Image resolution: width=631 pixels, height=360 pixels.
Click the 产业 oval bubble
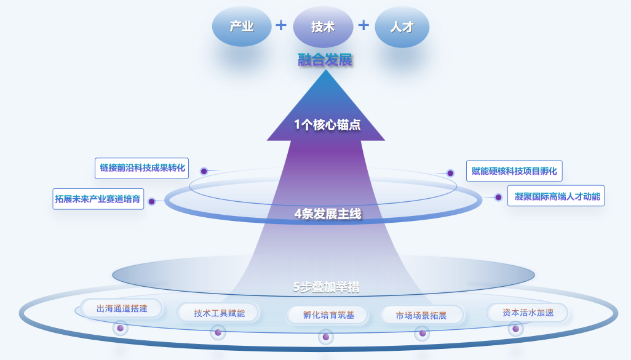coord(242,26)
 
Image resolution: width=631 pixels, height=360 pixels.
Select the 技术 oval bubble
coord(323,27)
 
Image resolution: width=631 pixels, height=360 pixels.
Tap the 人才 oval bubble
coord(402,27)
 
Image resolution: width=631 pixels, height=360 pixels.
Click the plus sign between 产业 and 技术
coord(281,25)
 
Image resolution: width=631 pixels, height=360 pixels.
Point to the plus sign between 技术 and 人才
coord(363,25)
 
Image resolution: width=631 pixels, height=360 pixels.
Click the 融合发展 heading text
coord(325,60)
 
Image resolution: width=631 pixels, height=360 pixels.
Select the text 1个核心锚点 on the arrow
coord(327,125)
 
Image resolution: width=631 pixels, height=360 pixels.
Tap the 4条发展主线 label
coord(327,214)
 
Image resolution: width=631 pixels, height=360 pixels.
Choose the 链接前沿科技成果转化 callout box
coord(142,167)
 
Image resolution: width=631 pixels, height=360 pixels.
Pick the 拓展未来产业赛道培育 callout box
coord(98,199)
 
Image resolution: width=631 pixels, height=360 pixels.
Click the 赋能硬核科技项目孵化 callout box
coord(514,171)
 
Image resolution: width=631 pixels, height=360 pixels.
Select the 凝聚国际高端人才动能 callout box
coord(555,196)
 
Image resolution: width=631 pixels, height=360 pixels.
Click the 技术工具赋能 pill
coord(219,313)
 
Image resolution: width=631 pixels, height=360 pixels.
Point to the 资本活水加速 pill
coord(528,313)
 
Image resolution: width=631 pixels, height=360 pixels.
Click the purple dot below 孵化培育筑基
coord(325,337)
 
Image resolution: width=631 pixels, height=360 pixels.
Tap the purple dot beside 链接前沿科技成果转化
coord(204,171)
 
